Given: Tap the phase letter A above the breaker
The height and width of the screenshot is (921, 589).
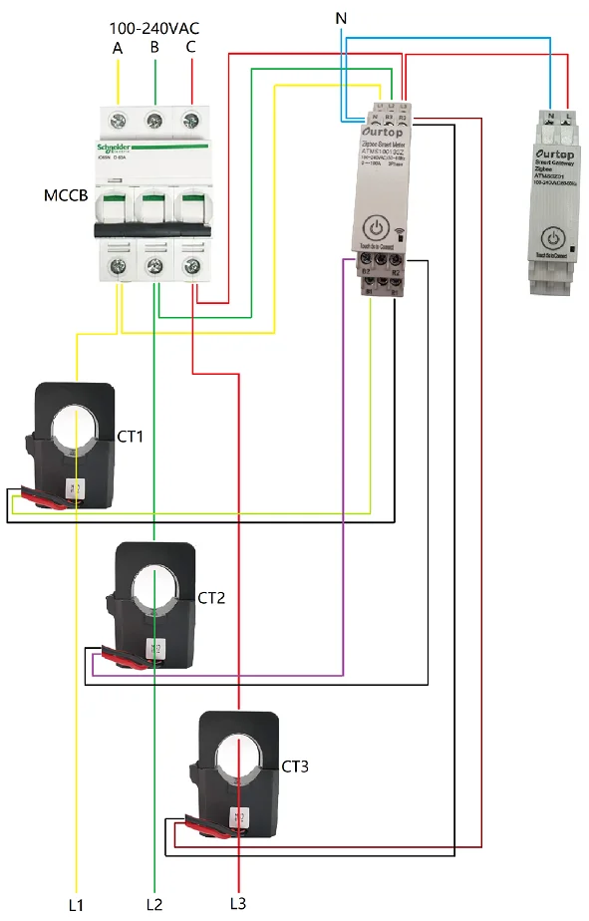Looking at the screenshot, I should (x=118, y=48).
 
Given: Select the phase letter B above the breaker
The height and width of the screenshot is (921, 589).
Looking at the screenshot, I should (x=154, y=47).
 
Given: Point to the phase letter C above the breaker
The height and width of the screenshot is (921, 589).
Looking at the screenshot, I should (x=191, y=47).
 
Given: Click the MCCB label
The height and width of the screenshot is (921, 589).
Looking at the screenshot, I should (x=65, y=193).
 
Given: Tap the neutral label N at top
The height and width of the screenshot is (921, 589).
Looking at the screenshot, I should (x=341, y=19).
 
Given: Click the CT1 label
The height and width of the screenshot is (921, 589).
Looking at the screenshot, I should (x=132, y=437).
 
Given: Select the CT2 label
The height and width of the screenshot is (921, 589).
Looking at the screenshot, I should (x=211, y=598).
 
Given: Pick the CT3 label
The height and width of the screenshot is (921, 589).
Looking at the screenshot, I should (x=295, y=767).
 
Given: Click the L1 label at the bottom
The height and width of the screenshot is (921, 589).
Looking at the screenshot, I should (x=76, y=904).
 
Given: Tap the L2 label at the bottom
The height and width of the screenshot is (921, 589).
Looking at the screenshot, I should (x=153, y=904).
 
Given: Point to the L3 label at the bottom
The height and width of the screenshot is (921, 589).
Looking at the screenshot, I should (x=237, y=904).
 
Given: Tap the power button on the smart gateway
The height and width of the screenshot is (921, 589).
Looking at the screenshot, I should (x=554, y=239).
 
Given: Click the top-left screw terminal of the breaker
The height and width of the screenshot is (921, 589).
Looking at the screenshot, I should (x=119, y=121).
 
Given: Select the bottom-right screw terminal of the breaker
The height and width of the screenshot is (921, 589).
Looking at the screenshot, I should (x=190, y=265).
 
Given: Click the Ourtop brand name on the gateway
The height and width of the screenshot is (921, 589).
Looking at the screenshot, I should (x=555, y=155).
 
